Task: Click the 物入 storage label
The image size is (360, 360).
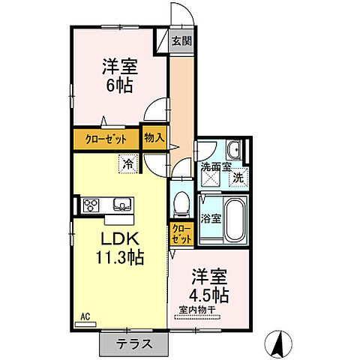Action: [x=154, y=139]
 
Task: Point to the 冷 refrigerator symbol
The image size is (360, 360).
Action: [x=129, y=162]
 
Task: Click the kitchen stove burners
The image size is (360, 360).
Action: [x=91, y=205]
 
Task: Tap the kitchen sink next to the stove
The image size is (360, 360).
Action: [x=121, y=205]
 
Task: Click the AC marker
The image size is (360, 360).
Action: [x=85, y=318]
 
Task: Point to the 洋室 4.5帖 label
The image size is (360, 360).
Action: [x=209, y=283]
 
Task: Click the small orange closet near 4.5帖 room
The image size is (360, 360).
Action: [x=180, y=233]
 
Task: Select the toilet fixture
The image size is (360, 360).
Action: [x=180, y=204]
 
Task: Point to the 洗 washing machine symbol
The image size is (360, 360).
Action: [x=237, y=178]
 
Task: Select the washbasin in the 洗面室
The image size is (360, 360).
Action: [x=234, y=150]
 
